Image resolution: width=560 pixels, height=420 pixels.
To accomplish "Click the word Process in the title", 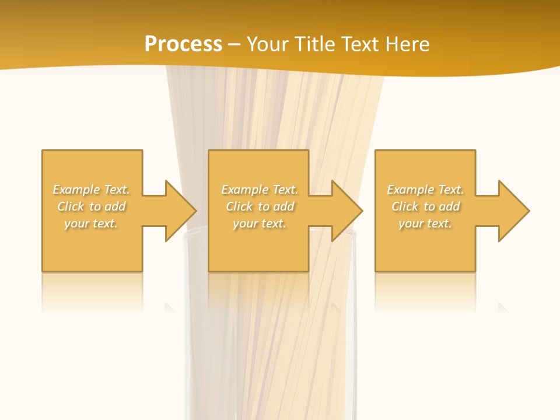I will pyautogui.click(x=183, y=44).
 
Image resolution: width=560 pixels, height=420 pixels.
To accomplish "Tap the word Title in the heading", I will pyautogui.click(x=314, y=44).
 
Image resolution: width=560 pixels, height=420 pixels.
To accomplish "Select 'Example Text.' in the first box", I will pyautogui.click(x=91, y=190).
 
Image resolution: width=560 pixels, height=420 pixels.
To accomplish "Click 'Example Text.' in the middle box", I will pyautogui.click(x=259, y=190).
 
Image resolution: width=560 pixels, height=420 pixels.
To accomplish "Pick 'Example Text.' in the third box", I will pyautogui.click(x=425, y=190).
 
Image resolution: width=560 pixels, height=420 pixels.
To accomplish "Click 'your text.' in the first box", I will pyautogui.click(x=91, y=223).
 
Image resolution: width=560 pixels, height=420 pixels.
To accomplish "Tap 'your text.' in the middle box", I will pyautogui.click(x=259, y=223).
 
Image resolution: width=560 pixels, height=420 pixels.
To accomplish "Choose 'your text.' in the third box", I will pyautogui.click(x=425, y=223).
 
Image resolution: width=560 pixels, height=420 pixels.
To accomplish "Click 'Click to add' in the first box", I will pyautogui.click(x=91, y=206).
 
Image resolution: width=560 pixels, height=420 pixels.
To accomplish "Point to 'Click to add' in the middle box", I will pyautogui.click(x=259, y=206).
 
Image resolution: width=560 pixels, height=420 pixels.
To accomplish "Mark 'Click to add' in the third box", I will pyautogui.click(x=425, y=206).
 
